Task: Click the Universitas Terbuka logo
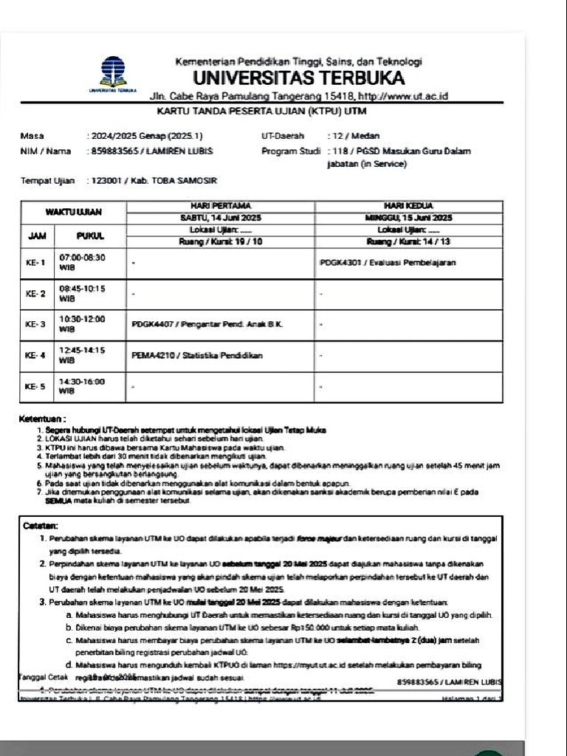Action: [x=113, y=74]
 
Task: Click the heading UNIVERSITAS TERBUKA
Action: [x=299, y=78]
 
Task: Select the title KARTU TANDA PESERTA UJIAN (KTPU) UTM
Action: [x=262, y=111]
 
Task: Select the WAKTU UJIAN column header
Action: [x=74, y=212]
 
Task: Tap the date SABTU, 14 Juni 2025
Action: [x=221, y=218]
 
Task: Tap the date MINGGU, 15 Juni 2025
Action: [x=408, y=218]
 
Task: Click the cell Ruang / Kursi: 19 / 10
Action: [x=221, y=241]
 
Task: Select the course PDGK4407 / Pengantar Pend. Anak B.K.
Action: [x=208, y=324]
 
